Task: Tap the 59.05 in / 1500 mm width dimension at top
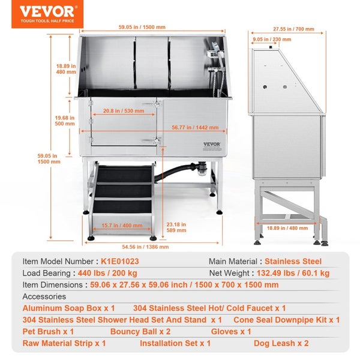pyautogui.click(x=142, y=27)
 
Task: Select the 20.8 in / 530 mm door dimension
pyautogui.click(x=124, y=111)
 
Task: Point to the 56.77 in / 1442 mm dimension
pyautogui.click(x=195, y=127)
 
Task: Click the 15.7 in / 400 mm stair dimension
pyautogui.click(x=122, y=226)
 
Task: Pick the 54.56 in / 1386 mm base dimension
pyautogui.click(x=145, y=247)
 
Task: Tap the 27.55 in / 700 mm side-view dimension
pyautogui.click(x=293, y=29)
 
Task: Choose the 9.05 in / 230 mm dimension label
pyautogui.click(x=272, y=40)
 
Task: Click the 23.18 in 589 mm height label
pyautogui.click(x=176, y=227)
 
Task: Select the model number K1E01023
pyautogui.click(x=120, y=261)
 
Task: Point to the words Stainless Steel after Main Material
pyautogui.click(x=293, y=261)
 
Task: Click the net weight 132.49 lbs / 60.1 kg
pyautogui.click(x=293, y=273)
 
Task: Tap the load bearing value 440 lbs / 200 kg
pyautogui.click(x=107, y=273)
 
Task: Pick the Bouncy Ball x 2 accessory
pyautogui.click(x=140, y=332)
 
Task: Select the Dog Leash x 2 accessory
pyautogui.click(x=281, y=343)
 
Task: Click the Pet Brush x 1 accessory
pyautogui.click(x=48, y=332)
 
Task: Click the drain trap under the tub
pyautogui.click(x=203, y=169)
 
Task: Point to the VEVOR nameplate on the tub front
pyautogui.click(x=212, y=146)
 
